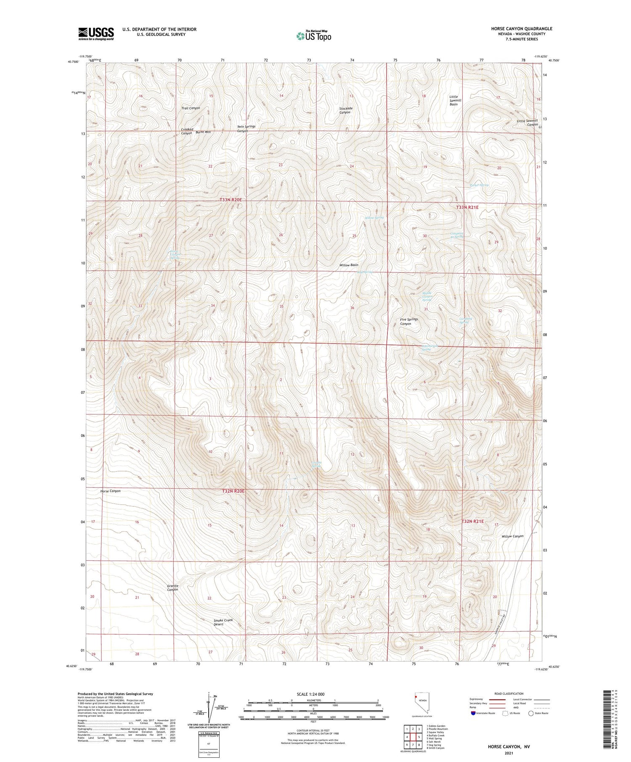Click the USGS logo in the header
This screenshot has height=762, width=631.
[x=96, y=33]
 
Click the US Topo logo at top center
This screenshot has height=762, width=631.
[x=313, y=36]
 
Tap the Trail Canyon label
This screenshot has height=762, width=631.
[x=191, y=108]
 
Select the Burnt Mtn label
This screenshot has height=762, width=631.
[x=203, y=132]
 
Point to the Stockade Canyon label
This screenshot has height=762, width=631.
[x=346, y=110]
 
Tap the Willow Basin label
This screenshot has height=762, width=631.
[x=349, y=265]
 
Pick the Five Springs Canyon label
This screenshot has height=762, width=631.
[x=408, y=322]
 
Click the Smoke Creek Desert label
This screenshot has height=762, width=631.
[x=223, y=622]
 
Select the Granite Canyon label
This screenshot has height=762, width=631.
[x=172, y=588]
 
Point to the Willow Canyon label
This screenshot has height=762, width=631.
[x=512, y=536]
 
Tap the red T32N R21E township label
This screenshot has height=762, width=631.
[x=473, y=521]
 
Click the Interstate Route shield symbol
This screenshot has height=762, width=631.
[x=473, y=713]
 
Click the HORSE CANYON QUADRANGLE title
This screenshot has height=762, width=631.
[x=522, y=29]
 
